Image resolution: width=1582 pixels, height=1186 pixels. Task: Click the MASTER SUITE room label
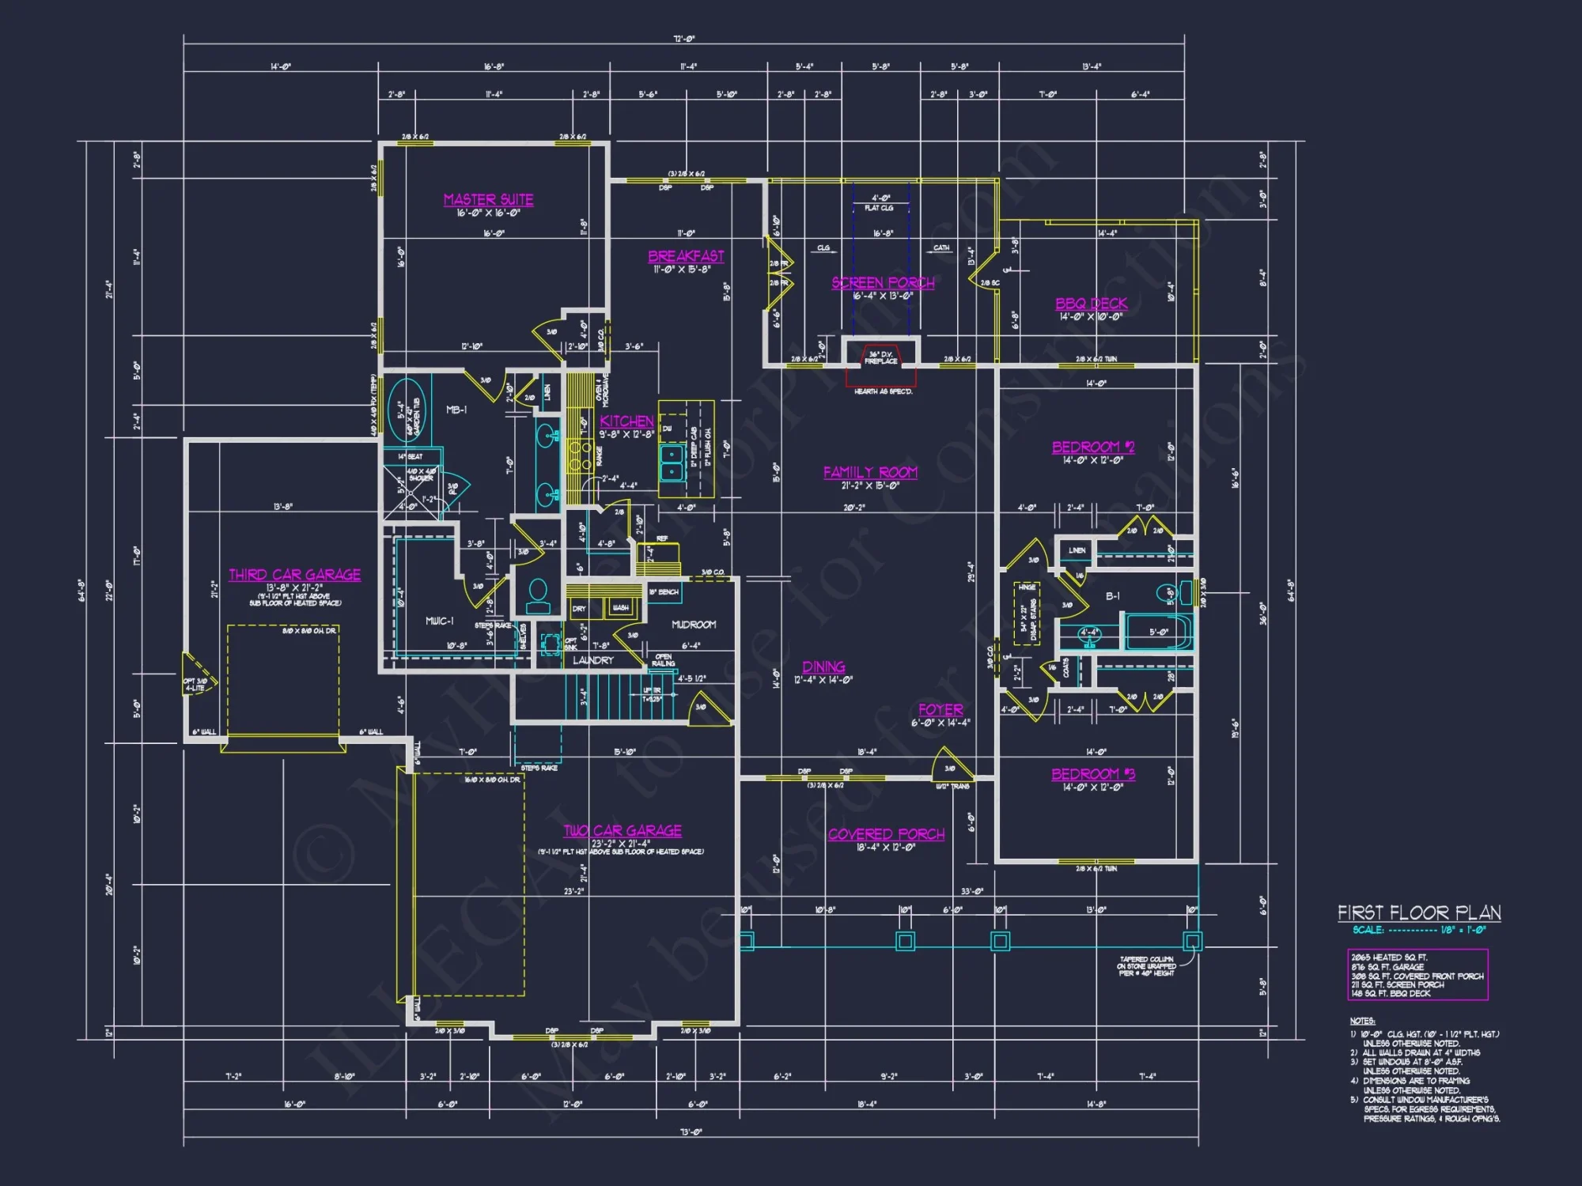tap(488, 199)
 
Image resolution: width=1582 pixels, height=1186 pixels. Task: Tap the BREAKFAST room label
tap(686, 256)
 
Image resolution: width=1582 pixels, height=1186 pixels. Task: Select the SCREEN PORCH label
tap(883, 283)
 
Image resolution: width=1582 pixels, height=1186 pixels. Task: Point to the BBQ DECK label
tap(1091, 304)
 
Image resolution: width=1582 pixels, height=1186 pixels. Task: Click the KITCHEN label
tap(626, 421)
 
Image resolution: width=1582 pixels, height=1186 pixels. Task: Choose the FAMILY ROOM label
tap(870, 472)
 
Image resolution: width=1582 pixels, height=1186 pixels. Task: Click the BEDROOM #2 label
tap(1092, 447)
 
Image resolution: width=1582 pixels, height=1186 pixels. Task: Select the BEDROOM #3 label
tap(1092, 774)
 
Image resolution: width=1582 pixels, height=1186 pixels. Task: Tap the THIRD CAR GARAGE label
tap(294, 575)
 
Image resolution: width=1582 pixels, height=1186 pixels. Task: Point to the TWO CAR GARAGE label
tap(622, 831)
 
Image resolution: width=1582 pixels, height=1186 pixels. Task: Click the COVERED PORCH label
tap(886, 834)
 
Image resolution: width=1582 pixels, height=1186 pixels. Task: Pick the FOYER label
tap(940, 710)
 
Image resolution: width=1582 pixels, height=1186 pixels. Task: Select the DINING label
tap(823, 667)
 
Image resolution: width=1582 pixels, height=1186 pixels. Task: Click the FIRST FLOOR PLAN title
tap(1419, 913)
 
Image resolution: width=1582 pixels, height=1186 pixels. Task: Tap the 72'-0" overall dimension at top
tap(684, 39)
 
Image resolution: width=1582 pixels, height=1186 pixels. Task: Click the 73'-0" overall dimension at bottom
tap(691, 1132)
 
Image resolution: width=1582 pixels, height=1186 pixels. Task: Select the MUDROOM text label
tap(694, 625)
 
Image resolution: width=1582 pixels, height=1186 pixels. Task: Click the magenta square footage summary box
tap(1417, 975)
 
